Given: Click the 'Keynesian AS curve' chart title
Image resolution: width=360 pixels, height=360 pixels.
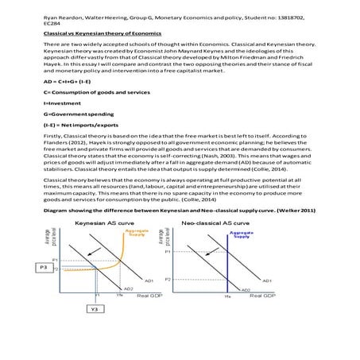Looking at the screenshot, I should pos(103,224).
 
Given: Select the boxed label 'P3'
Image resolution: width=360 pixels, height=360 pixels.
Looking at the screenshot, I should pos(46,268).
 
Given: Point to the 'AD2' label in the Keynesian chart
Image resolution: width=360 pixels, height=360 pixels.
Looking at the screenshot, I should pos(128,288).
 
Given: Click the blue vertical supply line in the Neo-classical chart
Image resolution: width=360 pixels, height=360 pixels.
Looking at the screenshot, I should pos(227,262).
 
